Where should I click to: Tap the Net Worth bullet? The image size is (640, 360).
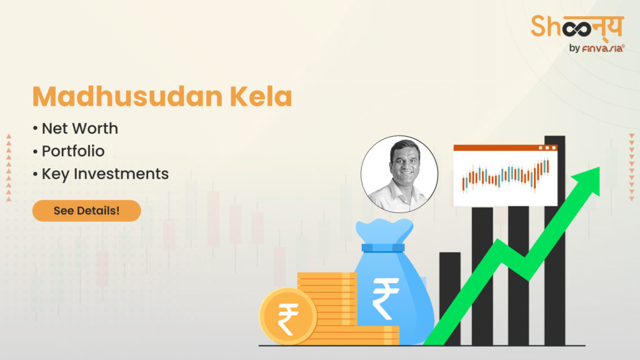point(79,129)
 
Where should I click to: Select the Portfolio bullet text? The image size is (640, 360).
point(72,151)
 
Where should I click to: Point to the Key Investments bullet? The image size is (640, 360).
point(105,174)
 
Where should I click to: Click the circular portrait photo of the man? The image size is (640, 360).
point(399,174)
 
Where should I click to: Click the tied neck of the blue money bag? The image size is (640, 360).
point(383,247)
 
